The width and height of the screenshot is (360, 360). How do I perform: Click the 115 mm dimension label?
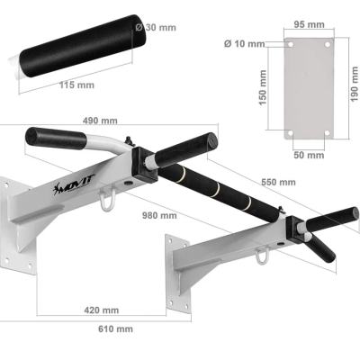coord(76,85)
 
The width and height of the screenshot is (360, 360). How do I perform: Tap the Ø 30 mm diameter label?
coord(156,28)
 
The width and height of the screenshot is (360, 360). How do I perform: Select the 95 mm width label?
coord(309,24)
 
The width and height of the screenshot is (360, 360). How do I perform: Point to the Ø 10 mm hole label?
coord(244,44)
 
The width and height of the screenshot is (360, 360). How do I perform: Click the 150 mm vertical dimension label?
coord(263,87)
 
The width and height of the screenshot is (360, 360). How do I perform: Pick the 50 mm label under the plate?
coord(309,155)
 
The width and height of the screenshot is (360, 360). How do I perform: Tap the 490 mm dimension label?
coord(100,121)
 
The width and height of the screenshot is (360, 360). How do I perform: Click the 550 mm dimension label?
coord(278,182)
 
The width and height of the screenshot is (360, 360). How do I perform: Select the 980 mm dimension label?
coord(159,215)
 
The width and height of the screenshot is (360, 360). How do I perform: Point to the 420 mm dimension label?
coord(102,310)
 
